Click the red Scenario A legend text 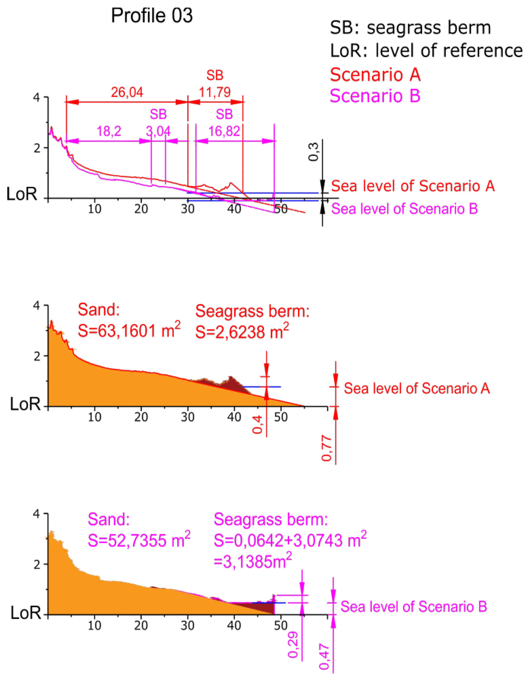point(375,75)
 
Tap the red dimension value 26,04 point(127,92)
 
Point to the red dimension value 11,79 point(215,92)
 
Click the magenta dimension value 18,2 point(109,131)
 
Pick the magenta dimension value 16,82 point(224,131)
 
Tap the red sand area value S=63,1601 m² point(129,331)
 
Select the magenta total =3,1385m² point(253,562)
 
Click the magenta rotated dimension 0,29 point(293,645)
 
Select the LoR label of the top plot point(22,194)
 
